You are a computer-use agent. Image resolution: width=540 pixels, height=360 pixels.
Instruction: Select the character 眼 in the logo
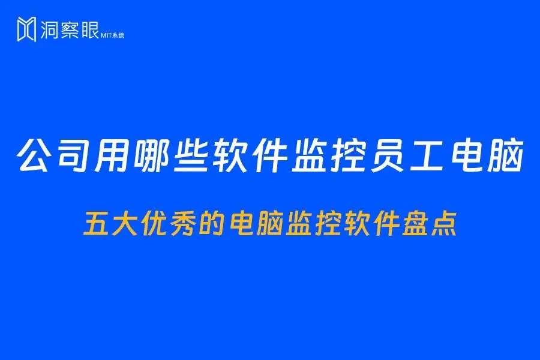tap(89, 29)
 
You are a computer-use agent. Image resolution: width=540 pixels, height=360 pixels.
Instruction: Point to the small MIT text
tap(106, 35)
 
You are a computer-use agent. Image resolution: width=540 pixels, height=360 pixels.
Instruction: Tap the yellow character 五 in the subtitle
tap(96, 225)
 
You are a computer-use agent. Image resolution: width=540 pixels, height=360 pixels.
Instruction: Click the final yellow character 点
tap(444, 225)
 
